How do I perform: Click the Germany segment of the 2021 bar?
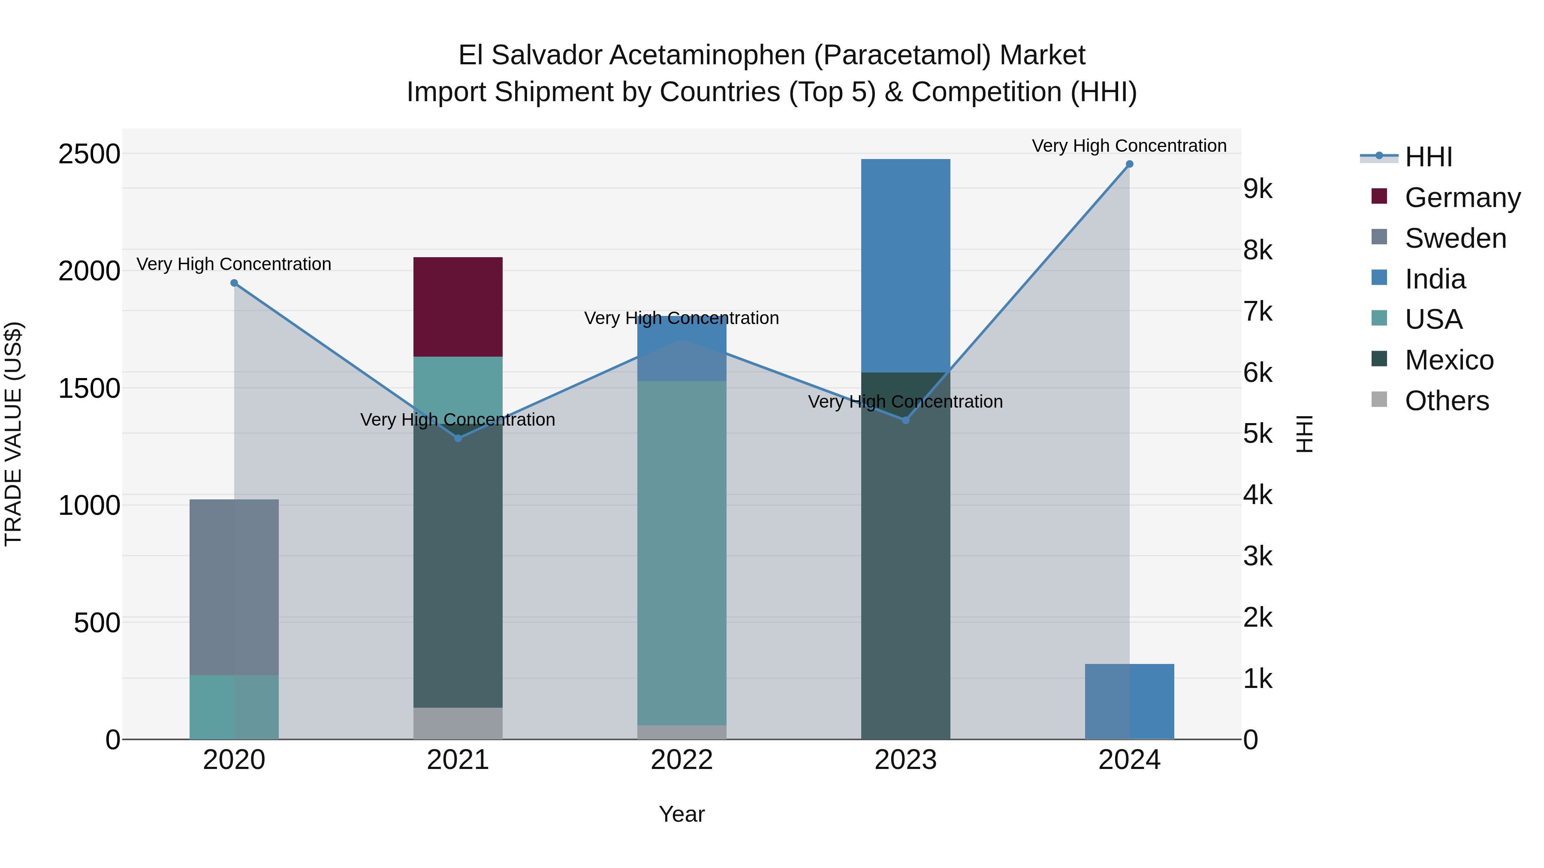pyautogui.click(x=458, y=307)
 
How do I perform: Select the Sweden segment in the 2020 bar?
pyautogui.click(x=234, y=587)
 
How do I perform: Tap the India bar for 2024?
pyautogui.click(x=1129, y=701)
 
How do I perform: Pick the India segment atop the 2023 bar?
pyautogui.click(x=905, y=265)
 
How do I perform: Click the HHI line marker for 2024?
pyautogui.click(x=1129, y=164)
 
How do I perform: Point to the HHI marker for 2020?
pyautogui.click(x=234, y=283)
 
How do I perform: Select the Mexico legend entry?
pyautogui.click(x=1449, y=360)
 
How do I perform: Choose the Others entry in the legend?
pyautogui.click(x=1446, y=401)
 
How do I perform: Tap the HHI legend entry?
pyautogui.click(x=1428, y=157)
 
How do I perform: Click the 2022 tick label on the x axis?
pyautogui.click(x=682, y=760)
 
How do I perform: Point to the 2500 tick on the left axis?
pyautogui.click(x=89, y=154)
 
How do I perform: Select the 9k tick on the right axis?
pyautogui.click(x=1258, y=189)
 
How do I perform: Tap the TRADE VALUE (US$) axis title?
pyautogui.click(x=13, y=434)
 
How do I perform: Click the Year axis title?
pyautogui.click(x=682, y=814)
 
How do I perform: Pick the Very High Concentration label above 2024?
pyautogui.click(x=1129, y=146)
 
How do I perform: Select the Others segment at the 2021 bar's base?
pyautogui.click(x=458, y=724)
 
